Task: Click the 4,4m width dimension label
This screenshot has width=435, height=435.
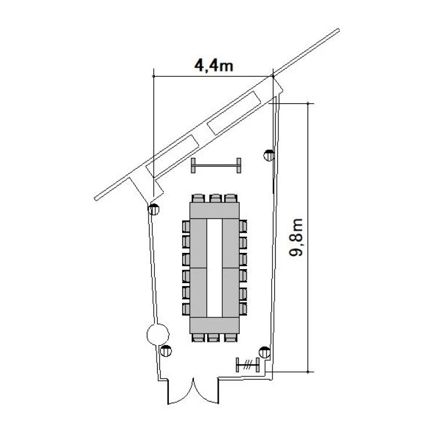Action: pos(213,66)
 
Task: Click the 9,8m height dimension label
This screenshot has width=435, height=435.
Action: pos(296,237)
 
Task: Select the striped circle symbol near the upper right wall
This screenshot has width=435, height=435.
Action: pos(269,155)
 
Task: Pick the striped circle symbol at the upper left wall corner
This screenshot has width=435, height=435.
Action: pos(154,209)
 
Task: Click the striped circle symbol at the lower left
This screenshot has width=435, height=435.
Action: pos(166,351)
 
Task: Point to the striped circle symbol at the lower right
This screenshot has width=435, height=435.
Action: pos(264,352)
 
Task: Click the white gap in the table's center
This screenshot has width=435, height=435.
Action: pos(215,268)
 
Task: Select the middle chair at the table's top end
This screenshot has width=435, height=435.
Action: pos(215,198)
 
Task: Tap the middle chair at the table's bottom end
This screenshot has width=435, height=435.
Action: pos(213,338)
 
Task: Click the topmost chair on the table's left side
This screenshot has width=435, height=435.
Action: pos(186,226)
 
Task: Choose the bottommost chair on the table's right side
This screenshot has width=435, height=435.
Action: pos(243,309)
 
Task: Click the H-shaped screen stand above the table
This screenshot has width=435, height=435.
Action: pos(216,166)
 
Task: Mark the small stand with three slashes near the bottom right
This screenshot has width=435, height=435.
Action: pos(248,365)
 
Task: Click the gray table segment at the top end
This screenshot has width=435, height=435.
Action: pos(215,211)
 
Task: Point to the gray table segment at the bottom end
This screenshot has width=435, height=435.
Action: pos(215,325)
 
